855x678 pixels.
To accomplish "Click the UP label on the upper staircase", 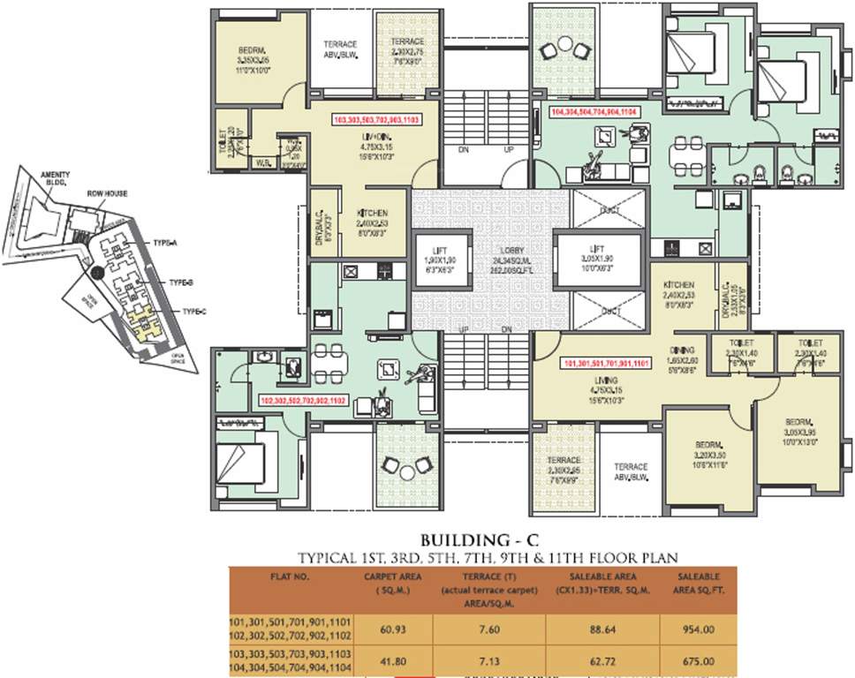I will [510, 151].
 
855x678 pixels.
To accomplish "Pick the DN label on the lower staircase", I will [506, 329].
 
